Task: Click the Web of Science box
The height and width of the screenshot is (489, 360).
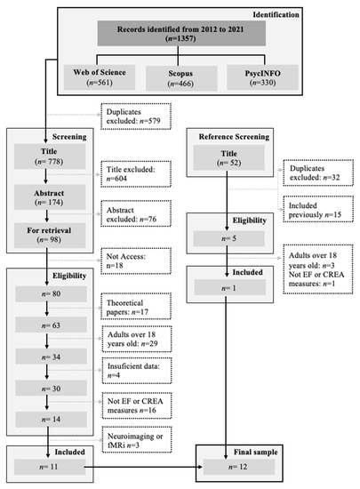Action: [x=100, y=77]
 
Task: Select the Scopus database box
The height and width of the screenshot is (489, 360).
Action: [x=181, y=78]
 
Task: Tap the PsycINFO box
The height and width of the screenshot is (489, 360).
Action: [x=262, y=77]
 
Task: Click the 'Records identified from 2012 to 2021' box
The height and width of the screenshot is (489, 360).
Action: [x=181, y=34]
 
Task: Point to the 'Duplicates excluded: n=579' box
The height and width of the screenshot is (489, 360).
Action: [x=136, y=116]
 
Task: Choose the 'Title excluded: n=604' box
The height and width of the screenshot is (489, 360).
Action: [x=136, y=174]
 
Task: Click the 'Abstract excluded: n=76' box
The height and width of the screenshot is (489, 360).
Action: [x=136, y=213]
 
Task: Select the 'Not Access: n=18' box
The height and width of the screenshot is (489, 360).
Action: [x=136, y=261]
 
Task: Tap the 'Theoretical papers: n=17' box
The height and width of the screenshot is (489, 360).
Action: [x=136, y=306]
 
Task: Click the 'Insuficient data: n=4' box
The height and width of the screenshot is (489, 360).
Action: [x=137, y=371]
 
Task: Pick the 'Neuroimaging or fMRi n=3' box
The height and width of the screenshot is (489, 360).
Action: [x=137, y=440]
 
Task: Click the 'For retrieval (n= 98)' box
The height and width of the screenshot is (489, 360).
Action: [x=50, y=235]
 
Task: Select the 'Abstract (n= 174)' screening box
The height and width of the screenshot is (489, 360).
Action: [x=50, y=196]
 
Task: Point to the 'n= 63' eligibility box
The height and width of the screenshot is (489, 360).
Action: [x=52, y=325]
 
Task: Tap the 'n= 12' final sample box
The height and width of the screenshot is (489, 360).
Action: [x=239, y=467]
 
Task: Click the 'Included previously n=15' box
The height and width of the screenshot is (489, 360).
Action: [x=318, y=209]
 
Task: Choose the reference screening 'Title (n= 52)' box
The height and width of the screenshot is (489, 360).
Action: [x=228, y=157]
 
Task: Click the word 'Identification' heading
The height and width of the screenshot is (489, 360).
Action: [x=276, y=14]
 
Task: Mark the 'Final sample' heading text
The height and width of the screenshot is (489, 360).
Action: [x=256, y=452]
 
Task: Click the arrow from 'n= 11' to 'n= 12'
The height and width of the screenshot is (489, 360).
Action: [x=143, y=467]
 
